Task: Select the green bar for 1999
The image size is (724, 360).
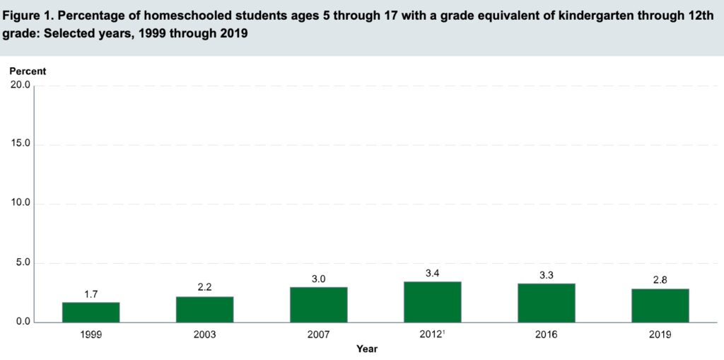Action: point(90,313)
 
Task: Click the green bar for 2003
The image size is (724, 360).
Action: point(204,310)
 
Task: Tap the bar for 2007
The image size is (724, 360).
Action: point(318,305)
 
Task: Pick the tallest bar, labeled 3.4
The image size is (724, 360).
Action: point(432,302)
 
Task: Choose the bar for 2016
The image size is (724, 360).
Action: point(546,303)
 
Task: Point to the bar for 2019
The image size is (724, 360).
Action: point(660,306)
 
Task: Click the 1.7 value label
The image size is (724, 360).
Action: point(90,295)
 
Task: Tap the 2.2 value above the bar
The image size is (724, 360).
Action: point(204,289)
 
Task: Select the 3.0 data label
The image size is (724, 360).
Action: point(318,279)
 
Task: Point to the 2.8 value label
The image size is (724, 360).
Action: point(660,281)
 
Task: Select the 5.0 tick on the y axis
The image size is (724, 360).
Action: point(21,263)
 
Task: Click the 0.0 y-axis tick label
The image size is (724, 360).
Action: point(21,323)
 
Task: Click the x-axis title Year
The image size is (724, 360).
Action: point(367,349)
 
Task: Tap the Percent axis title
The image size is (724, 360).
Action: point(27,71)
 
